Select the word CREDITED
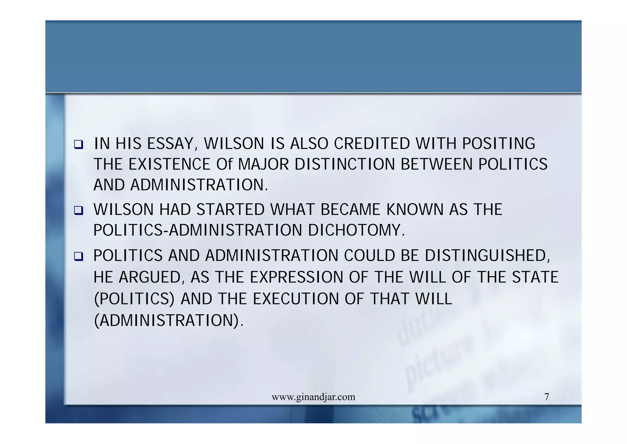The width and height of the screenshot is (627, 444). [372, 144]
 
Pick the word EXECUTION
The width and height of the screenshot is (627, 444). [296, 299]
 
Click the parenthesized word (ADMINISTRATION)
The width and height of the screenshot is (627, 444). [168, 321]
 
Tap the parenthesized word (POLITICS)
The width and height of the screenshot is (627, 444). [134, 299]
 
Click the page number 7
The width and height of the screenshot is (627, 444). [546, 397]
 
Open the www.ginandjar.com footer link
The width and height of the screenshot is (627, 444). [313, 397]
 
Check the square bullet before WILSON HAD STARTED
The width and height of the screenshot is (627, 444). [78, 210]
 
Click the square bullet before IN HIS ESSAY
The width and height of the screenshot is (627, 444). [78, 144]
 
